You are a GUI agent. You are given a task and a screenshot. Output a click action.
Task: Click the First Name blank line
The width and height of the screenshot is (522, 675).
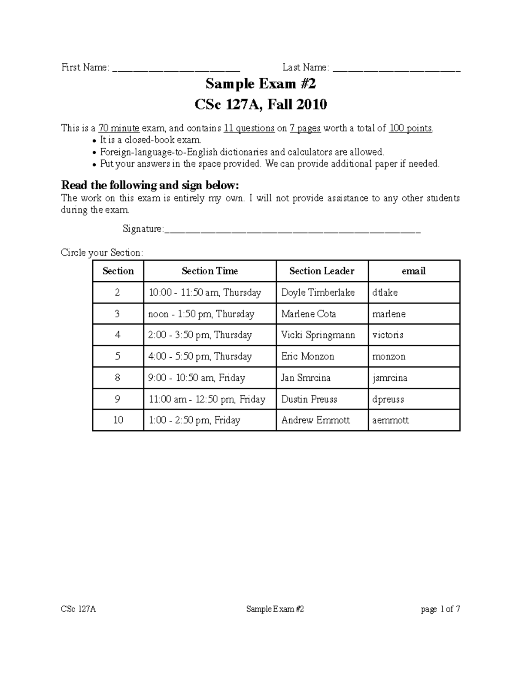coord(176,68)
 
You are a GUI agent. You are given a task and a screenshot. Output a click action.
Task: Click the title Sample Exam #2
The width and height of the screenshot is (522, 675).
coord(261,83)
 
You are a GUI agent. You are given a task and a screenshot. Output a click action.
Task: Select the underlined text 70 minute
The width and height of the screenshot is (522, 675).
coord(119,128)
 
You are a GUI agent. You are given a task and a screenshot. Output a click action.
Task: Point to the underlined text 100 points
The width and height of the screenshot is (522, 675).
coord(411,128)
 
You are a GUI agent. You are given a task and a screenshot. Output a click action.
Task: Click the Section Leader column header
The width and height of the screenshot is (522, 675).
coord(321,271)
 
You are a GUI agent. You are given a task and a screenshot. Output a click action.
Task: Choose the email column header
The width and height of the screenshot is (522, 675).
coord(413,271)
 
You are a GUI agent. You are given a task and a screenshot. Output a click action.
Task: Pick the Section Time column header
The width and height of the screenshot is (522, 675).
coord(210,271)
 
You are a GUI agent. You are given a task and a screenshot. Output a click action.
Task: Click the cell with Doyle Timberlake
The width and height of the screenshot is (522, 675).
coord(318,293)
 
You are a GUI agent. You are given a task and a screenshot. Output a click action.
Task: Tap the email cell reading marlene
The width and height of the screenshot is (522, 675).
coord(389,314)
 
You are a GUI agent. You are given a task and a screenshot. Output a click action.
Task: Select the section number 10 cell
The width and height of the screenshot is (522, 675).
coord(118,420)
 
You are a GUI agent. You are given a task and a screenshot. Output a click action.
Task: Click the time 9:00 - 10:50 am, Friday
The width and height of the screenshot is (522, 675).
coord(197,378)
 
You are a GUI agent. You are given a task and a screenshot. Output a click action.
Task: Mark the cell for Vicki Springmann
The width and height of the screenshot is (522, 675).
coord(318,335)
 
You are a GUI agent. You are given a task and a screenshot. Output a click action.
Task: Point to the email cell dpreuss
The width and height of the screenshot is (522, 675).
coord(388,399)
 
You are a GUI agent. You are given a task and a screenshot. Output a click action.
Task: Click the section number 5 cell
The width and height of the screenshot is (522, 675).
coord(118,356)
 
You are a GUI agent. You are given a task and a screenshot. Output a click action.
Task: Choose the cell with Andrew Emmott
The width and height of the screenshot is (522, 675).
coord(315,420)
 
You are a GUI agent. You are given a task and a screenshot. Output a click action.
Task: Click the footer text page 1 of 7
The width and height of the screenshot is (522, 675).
coord(440,609)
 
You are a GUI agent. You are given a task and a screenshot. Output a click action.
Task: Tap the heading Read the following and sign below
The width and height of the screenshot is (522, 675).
coord(150,186)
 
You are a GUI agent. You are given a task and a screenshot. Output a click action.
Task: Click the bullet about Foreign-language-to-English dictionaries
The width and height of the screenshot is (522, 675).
coord(242,152)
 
